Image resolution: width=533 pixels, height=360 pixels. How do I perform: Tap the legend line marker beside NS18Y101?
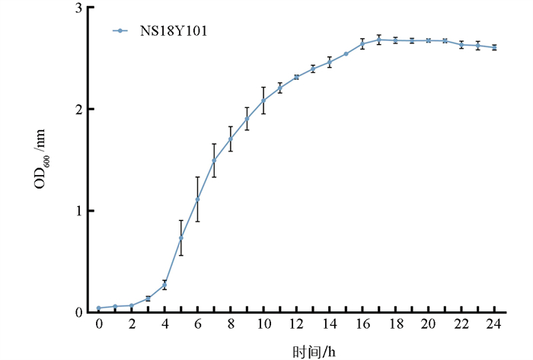(120, 31)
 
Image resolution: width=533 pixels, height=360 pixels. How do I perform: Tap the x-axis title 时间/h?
(314, 352)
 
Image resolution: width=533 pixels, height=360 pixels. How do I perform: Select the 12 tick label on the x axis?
(296, 326)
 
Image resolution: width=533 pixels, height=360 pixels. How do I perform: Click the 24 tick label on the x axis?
(494, 326)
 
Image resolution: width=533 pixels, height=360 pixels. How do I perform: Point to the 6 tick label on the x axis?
(197, 326)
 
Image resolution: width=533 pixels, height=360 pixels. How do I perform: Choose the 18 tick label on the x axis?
(395, 326)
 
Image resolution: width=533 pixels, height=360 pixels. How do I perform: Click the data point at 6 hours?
(197, 199)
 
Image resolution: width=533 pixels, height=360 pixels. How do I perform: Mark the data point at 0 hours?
(98, 308)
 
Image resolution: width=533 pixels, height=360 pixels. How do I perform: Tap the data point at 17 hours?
(378, 40)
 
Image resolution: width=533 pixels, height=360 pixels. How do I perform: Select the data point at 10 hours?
(263, 100)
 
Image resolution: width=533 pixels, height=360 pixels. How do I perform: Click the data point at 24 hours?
(494, 48)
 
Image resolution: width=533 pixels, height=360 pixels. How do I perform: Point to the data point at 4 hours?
(164, 285)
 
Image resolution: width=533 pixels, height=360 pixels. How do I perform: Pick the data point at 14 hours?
(329, 62)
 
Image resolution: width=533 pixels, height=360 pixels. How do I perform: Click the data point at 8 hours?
(230, 139)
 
